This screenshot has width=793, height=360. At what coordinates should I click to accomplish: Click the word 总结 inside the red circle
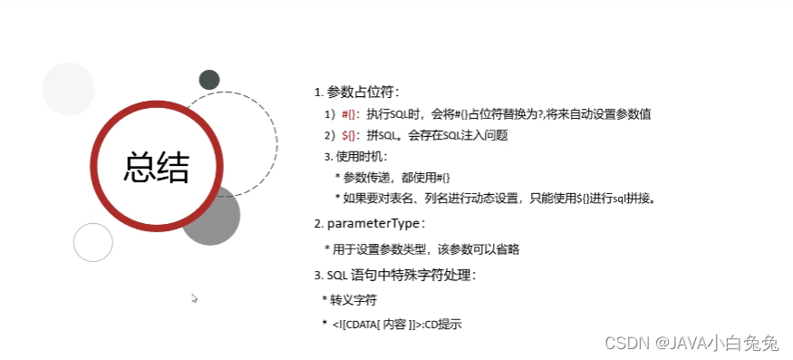click(157, 168)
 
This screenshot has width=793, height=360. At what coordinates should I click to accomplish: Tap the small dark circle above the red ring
click(209, 80)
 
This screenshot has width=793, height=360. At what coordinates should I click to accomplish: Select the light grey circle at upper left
click(69, 90)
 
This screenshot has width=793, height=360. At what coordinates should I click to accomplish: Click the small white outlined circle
click(93, 242)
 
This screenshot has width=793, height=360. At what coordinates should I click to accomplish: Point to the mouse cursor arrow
click(194, 297)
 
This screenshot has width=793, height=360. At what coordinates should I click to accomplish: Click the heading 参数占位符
click(362, 92)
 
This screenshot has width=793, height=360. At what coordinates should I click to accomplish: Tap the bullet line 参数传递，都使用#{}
click(397, 177)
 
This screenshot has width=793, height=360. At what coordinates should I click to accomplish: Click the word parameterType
click(373, 223)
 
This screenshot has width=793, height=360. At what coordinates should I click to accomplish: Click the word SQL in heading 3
click(337, 275)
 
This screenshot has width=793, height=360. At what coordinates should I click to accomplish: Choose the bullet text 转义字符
click(353, 299)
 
